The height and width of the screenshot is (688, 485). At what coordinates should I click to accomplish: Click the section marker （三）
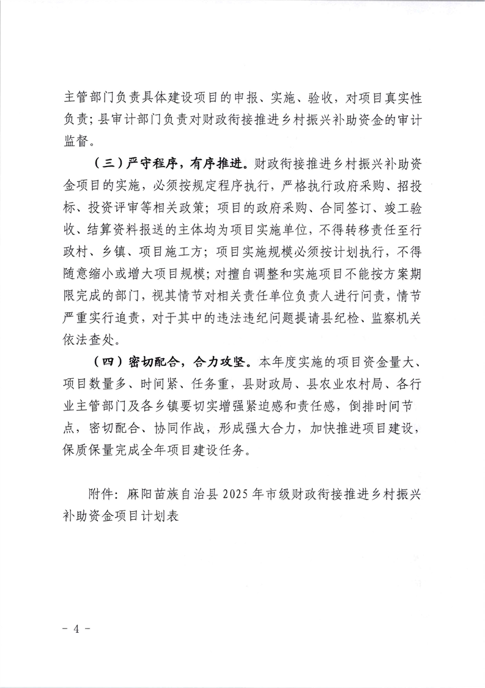coord(105,164)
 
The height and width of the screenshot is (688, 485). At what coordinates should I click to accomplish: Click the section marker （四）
coord(105,359)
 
